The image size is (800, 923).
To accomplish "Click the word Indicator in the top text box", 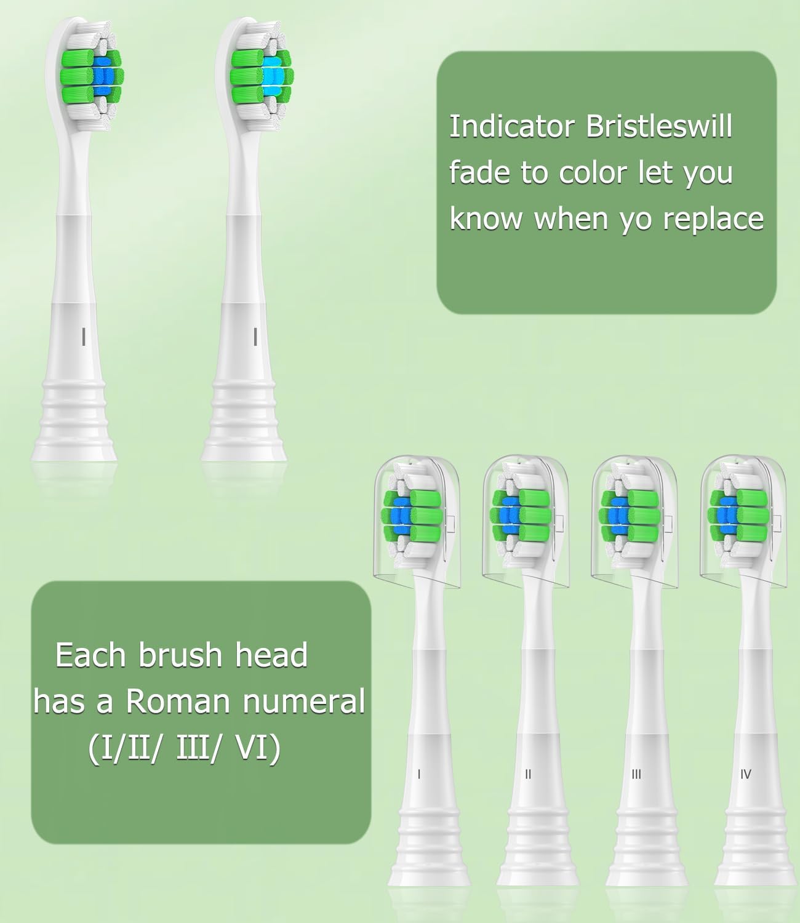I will click(512, 127).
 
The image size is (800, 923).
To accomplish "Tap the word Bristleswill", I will click(659, 127).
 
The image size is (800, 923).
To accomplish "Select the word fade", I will click(479, 172).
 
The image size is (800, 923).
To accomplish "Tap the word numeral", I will click(304, 701).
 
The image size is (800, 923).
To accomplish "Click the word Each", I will click(90, 655).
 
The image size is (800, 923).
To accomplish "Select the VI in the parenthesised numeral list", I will click(258, 748).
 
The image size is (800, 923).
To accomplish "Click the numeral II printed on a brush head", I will click(528, 774).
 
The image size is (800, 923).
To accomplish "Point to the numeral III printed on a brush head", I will click(636, 774).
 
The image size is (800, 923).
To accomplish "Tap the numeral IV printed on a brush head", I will click(746, 774).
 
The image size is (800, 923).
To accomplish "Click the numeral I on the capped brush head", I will click(419, 774).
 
